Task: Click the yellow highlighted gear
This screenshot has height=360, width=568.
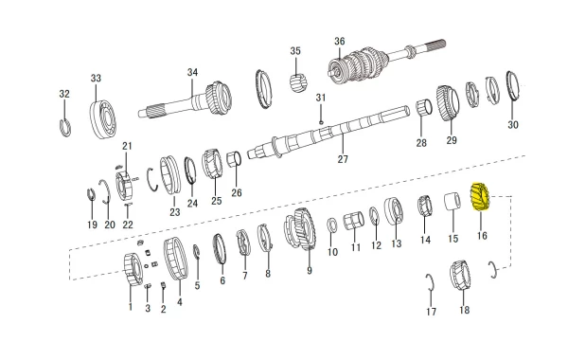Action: click(x=480, y=197)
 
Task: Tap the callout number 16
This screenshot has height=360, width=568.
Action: click(x=482, y=236)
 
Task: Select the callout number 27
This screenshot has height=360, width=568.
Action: click(x=343, y=159)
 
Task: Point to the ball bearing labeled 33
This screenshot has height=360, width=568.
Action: click(x=104, y=115)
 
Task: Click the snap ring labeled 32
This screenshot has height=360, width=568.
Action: click(x=65, y=128)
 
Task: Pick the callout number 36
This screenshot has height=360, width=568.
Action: click(x=339, y=41)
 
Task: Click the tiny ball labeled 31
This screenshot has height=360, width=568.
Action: click(x=321, y=122)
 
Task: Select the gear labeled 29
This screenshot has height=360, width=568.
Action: click(x=448, y=102)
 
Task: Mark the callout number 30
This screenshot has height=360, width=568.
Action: click(x=513, y=125)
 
